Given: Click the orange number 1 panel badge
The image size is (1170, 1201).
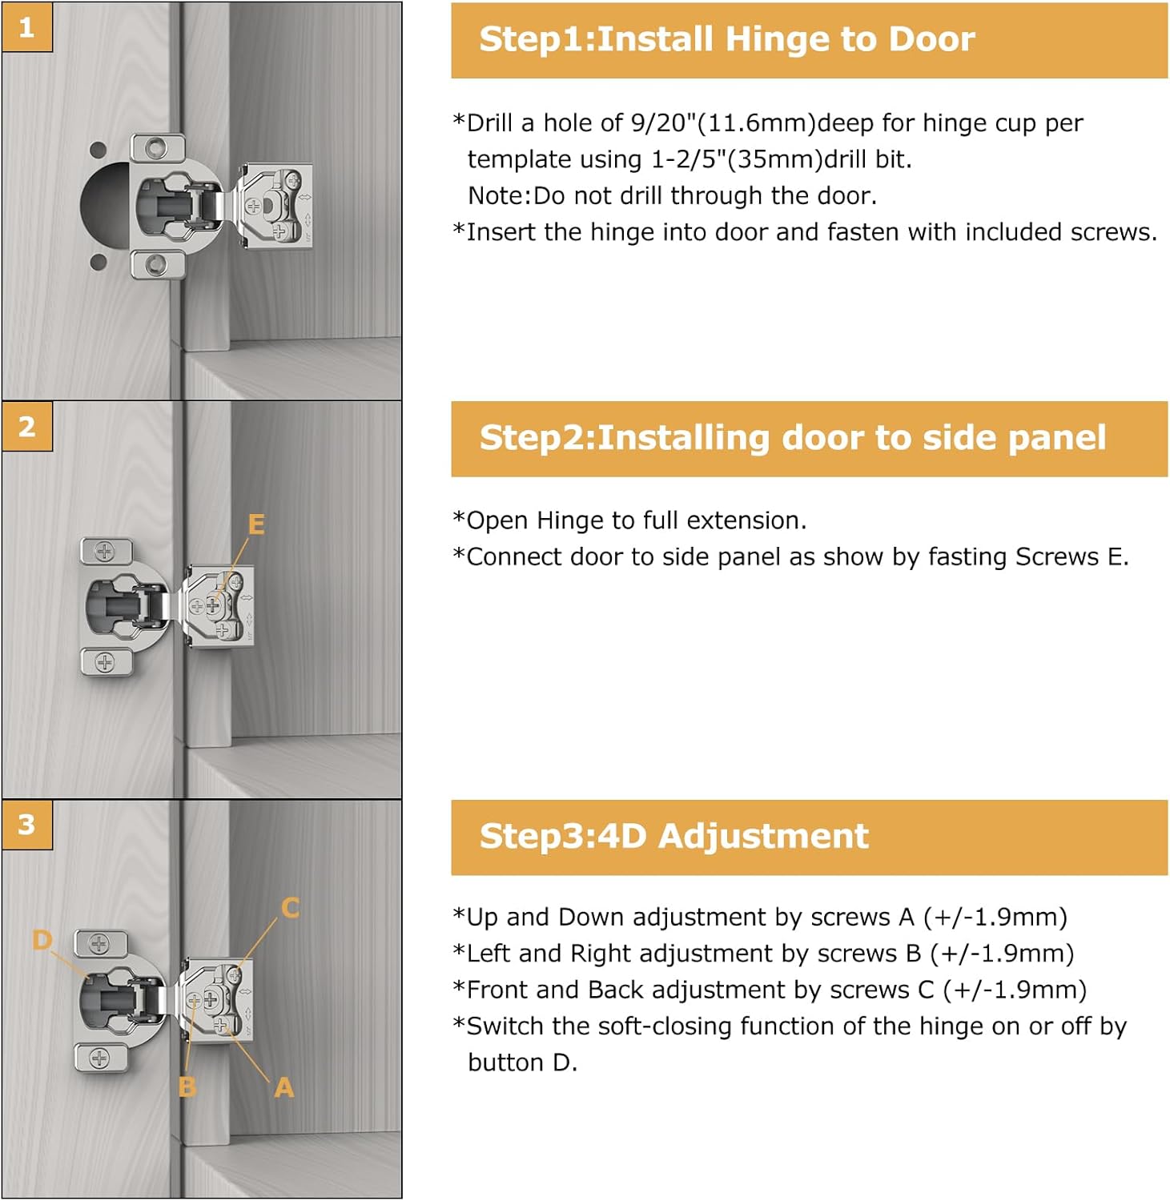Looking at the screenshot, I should (27, 28).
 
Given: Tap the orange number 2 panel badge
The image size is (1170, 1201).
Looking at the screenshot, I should (27, 426).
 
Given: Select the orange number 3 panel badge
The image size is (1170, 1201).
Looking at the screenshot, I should (27, 824).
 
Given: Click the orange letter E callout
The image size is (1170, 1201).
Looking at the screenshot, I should (256, 524).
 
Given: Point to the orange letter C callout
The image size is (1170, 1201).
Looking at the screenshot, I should (290, 907).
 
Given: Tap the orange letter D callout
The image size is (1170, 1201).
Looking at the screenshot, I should (42, 939).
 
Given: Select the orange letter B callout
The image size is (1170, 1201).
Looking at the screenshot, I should (187, 1087).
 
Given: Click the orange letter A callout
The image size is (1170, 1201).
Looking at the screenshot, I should (283, 1087).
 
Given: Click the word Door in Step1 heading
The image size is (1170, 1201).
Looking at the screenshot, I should (931, 39).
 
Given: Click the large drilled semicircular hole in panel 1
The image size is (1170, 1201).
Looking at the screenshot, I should (104, 203).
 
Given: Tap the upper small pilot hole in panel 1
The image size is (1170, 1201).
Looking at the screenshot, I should (98, 150).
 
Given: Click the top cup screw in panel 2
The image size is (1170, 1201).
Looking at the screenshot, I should (105, 552).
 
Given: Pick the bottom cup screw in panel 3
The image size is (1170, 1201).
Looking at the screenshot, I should (99, 1058).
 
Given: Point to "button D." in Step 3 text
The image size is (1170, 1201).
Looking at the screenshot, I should (522, 1062).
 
